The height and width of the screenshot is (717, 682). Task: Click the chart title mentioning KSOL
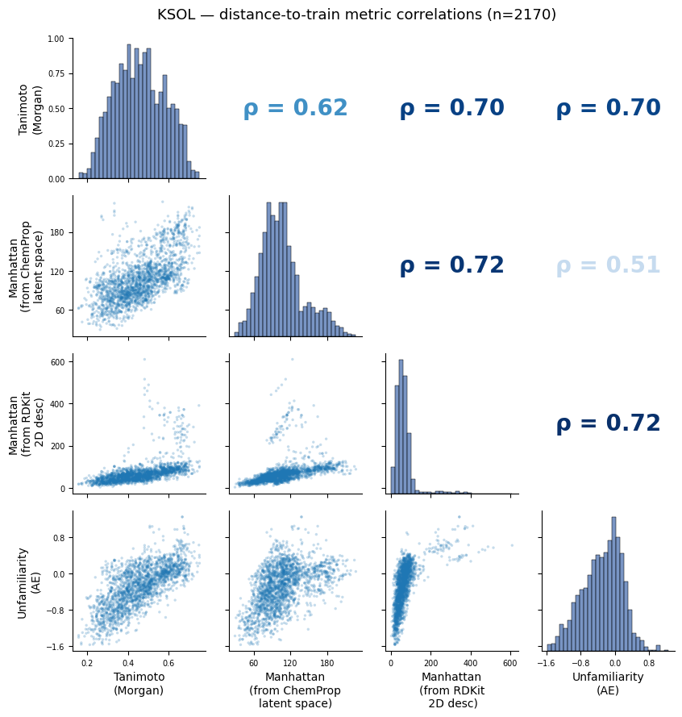(x=356, y=15)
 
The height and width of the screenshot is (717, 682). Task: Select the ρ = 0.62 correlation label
(x=295, y=108)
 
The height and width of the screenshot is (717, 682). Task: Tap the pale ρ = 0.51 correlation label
(x=608, y=265)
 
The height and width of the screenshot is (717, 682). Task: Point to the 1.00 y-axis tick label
(x=56, y=39)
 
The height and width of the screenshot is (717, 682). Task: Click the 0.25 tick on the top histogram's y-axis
(x=56, y=144)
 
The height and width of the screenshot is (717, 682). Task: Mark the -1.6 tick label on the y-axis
(x=55, y=647)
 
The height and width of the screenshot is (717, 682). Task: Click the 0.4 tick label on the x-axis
(x=128, y=663)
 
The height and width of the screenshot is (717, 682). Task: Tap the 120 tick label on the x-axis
(x=289, y=663)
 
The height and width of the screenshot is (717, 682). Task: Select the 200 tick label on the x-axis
(x=430, y=663)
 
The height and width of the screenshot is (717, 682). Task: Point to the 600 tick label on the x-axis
(x=510, y=663)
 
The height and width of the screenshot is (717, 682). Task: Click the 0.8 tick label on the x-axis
(x=649, y=663)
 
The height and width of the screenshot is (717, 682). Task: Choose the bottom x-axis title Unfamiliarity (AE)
(x=608, y=683)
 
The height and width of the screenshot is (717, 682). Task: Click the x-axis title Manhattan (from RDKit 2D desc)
(x=451, y=690)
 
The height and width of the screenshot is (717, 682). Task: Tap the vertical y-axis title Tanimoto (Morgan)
(x=30, y=109)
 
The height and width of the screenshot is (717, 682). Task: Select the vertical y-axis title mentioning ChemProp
(x=26, y=267)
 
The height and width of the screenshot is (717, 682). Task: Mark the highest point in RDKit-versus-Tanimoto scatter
(x=144, y=360)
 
